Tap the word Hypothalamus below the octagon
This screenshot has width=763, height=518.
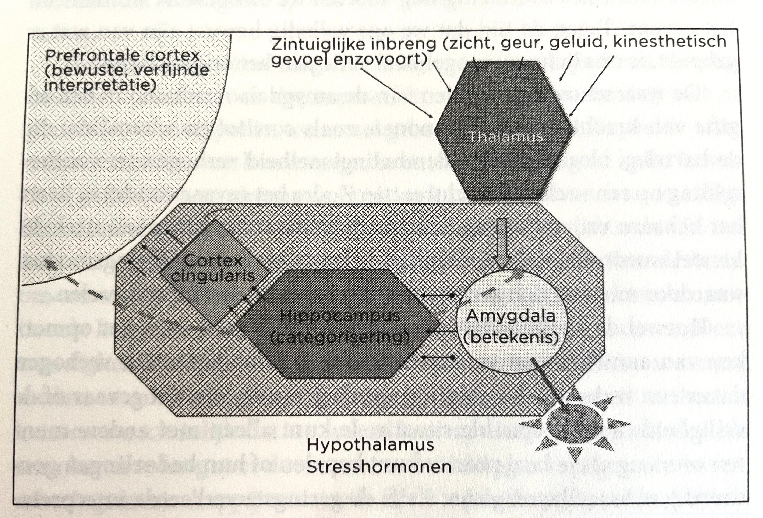(x=370, y=446)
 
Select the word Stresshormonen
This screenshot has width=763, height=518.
(x=379, y=467)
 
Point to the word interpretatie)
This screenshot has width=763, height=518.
(x=100, y=85)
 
